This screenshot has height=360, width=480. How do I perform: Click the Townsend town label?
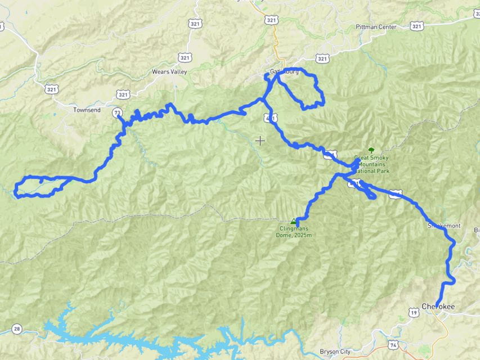[x=87, y=110]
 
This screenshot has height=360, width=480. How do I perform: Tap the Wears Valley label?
[x=169, y=72]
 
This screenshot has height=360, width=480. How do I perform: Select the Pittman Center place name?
[x=376, y=26]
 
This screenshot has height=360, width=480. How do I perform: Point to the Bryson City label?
[x=335, y=352]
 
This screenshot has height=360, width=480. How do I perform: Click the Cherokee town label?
[x=438, y=306]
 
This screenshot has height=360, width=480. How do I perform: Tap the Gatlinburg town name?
[x=282, y=72]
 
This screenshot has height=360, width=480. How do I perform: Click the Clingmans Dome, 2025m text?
[x=295, y=232]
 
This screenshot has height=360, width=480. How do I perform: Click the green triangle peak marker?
[x=292, y=222]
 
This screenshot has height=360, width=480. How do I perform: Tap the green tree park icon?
[x=371, y=150]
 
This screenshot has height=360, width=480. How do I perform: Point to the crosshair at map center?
[x=260, y=140]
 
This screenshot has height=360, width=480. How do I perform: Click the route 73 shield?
[x=117, y=112]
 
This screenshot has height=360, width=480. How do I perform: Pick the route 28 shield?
[x=16, y=329]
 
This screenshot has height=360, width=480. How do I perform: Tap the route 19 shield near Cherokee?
[x=414, y=312]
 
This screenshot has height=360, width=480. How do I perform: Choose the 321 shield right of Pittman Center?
[x=416, y=26]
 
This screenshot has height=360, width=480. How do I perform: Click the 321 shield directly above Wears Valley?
[x=185, y=57]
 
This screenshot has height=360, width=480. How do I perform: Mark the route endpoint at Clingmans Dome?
[x=298, y=224]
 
